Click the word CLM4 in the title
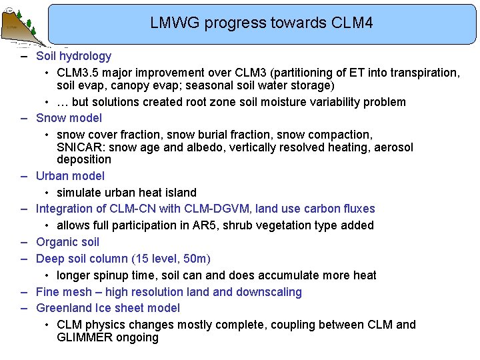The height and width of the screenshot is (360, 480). click(351, 23)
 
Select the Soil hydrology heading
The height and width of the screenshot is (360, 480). click(73, 56)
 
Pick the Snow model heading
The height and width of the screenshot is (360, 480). click(69, 118)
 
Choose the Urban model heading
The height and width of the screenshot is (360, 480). click(70, 176)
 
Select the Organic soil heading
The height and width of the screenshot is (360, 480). click(67, 242)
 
